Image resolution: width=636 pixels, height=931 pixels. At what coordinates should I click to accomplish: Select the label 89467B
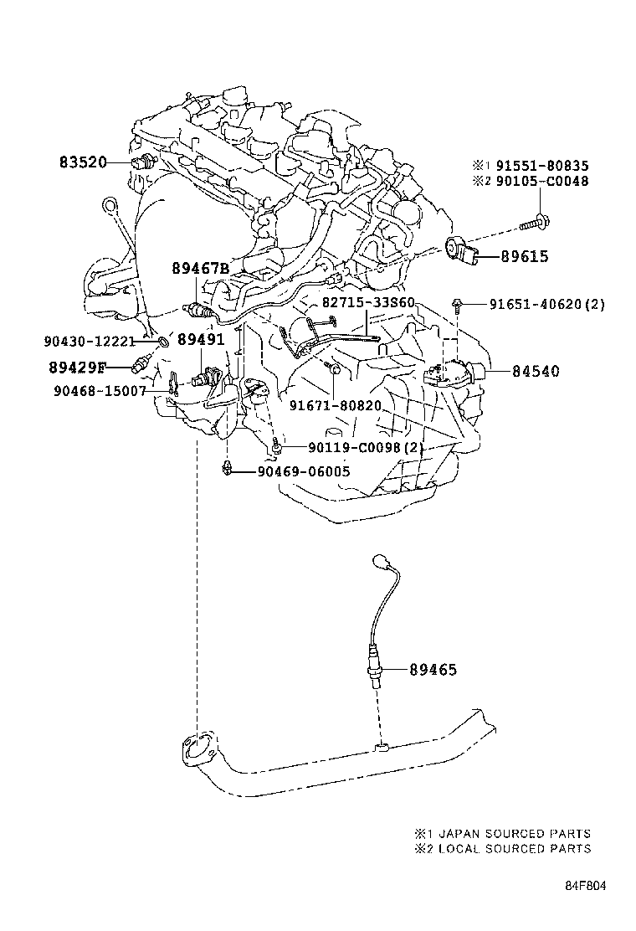(x=200, y=269)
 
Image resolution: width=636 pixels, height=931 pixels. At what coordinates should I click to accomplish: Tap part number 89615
(x=524, y=257)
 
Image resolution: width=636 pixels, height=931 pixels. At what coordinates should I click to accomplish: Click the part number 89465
(x=433, y=670)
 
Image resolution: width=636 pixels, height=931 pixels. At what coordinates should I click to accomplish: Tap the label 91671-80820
(x=336, y=405)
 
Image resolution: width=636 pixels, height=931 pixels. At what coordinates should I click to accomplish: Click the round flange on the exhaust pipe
(x=197, y=748)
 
